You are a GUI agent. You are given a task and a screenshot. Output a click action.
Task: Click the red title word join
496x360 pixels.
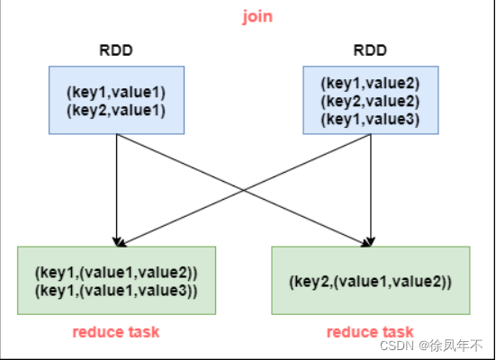point(257,17)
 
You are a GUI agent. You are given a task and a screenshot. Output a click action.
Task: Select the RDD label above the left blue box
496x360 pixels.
point(116,50)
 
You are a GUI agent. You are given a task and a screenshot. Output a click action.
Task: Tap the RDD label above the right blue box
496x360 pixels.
point(370,50)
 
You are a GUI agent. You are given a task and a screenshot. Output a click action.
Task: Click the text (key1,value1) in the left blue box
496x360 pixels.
point(116,93)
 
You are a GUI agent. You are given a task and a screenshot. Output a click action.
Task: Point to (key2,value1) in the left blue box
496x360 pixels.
point(116,111)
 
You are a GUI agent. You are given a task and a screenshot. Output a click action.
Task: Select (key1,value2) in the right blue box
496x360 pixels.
point(370,83)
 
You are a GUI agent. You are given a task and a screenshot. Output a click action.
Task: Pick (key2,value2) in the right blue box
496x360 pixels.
point(370,101)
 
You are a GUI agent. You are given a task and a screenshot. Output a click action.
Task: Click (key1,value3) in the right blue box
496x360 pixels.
point(370,120)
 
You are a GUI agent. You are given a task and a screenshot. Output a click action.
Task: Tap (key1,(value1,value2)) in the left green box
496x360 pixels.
point(116,273)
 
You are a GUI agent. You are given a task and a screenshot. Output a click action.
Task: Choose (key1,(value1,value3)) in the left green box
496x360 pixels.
point(116,291)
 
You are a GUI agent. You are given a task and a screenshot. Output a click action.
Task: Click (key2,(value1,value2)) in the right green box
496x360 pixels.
point(370,282)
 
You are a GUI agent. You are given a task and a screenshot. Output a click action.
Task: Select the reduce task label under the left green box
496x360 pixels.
point(116,332)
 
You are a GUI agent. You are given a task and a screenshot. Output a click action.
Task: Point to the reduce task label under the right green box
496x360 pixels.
point(370,332)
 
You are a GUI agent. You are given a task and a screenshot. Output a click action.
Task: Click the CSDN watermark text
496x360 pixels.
point(397,346)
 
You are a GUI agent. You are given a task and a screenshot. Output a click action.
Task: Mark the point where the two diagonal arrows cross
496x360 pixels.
point(244,190)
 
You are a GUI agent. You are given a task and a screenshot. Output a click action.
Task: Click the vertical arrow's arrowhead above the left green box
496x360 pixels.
point(117,242)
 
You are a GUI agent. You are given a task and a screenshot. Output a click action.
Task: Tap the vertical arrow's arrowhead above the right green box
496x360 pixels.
point(371,242)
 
